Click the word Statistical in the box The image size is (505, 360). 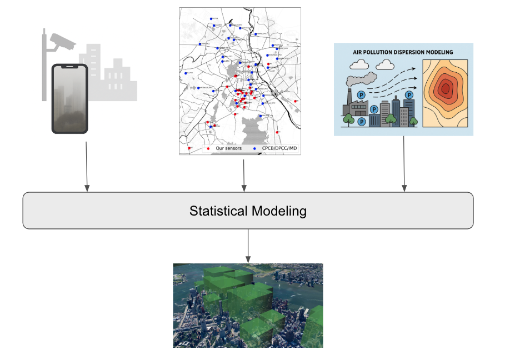pos(218,211)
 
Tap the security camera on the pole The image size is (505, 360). pos(61,40)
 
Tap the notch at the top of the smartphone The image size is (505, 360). pos(69,67)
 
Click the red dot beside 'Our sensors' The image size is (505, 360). pos(208,149)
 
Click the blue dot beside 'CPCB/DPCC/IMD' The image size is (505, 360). pos(254,149)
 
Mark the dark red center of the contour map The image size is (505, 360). pos(445,88)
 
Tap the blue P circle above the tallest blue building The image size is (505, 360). pos(409,95)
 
